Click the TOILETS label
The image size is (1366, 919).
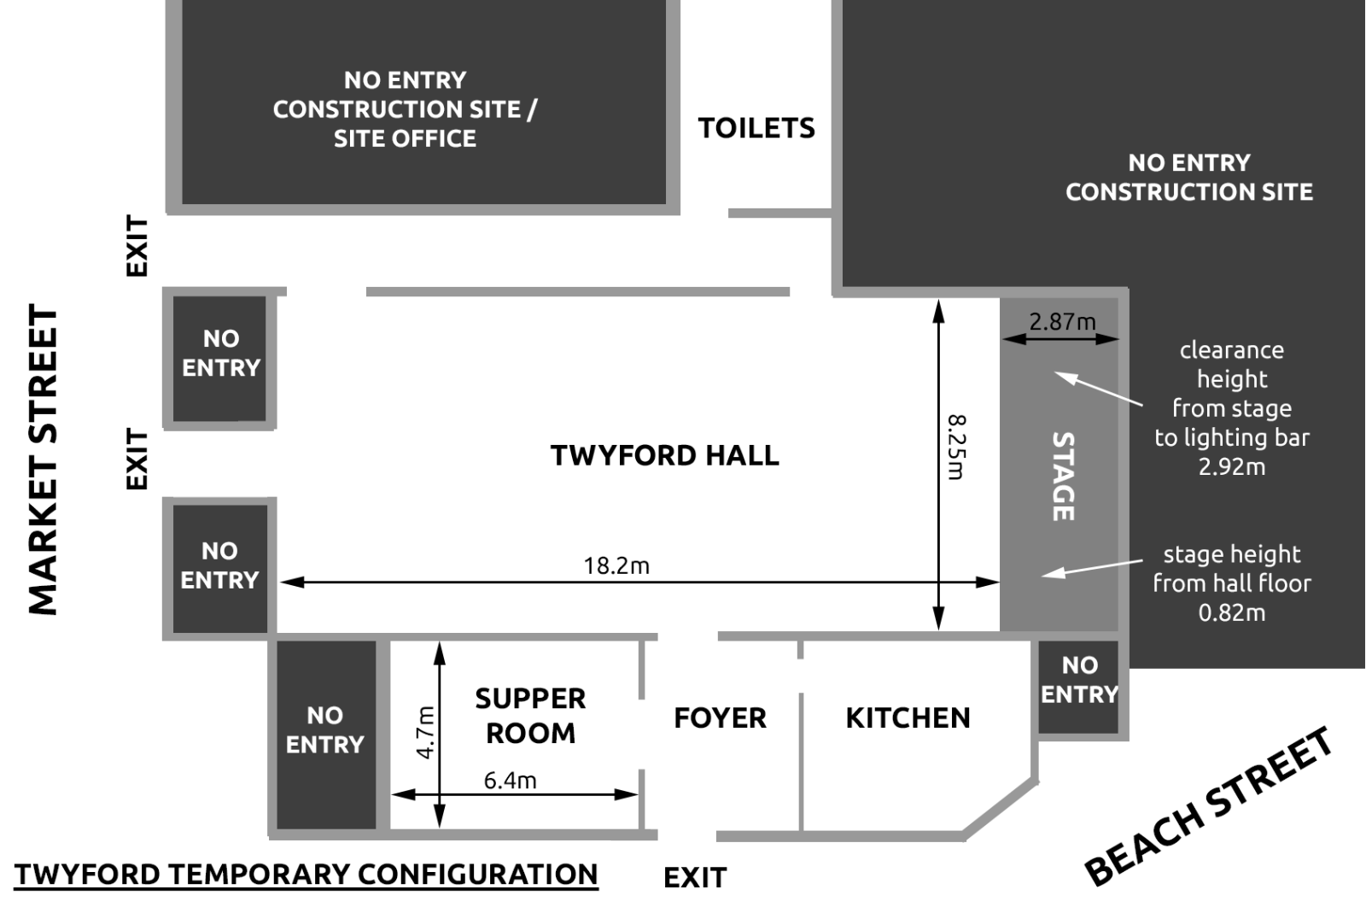click(756, 128)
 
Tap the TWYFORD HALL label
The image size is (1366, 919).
click(665, 455)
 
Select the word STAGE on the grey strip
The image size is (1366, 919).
click(1063, 477)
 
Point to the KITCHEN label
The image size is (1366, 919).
click(908, 717)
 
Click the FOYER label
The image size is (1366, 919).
click(721, 717)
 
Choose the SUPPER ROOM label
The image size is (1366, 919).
click(530, 715)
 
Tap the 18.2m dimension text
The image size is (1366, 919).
click(616, 565)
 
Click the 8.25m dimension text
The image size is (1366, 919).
click(956, 448)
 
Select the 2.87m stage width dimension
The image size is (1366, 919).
click(1062, 322)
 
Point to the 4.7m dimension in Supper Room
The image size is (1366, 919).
click(425, 732)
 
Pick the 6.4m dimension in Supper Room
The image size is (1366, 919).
click(510, 781)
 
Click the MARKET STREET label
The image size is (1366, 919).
click(44, 459)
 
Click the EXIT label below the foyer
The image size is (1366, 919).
click(695, 878)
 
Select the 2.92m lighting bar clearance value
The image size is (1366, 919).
click(1232, 467)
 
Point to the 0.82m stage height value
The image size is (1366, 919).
click(1232, 612)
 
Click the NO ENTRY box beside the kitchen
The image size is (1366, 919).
click(1079, 687)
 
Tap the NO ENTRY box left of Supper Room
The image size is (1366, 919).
click(326, 735)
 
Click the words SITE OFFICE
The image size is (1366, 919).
click(405, 138)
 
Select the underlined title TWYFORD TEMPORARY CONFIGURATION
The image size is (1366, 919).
click(306, 875)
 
